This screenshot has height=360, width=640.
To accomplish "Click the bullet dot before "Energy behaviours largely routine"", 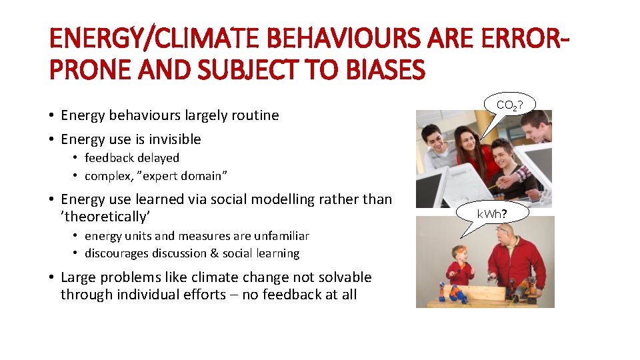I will pyautogui.click(x=51, y=116).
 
